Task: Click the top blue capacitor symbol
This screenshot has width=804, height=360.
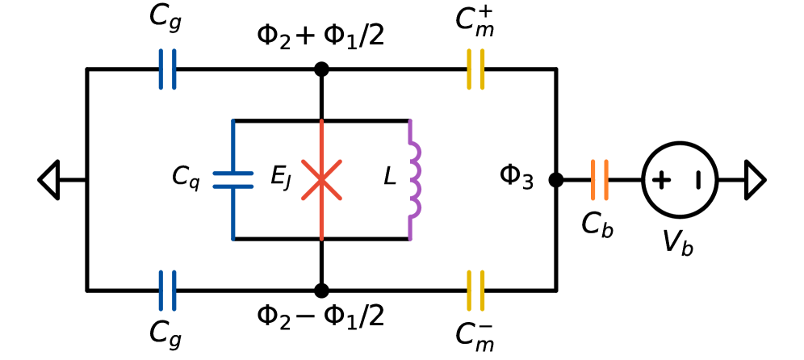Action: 167,69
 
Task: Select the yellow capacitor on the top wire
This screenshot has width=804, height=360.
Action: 475,69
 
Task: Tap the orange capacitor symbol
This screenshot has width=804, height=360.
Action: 600,180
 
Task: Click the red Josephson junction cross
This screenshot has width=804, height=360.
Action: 321,180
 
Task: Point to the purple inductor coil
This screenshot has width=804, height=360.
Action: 415,180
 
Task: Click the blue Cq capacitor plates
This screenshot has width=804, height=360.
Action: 233,180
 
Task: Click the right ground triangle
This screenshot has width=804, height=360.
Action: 754,180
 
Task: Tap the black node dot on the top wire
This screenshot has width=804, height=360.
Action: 321,69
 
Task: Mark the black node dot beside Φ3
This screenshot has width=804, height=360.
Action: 555,180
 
